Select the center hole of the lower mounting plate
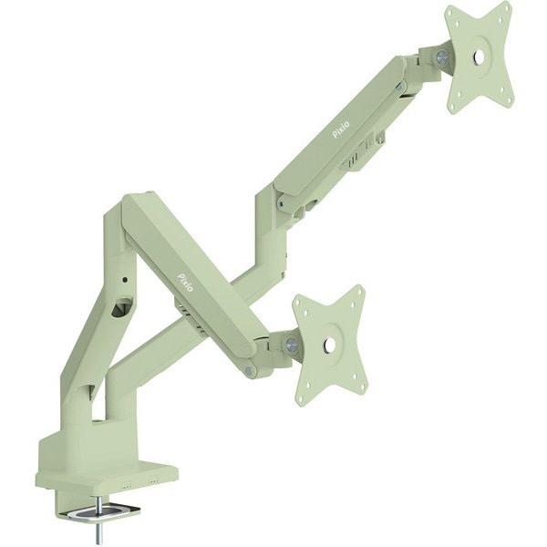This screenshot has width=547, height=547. (329, 345)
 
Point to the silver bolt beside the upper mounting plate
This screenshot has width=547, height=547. (441, 57)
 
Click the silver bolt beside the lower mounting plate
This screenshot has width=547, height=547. (290, 343)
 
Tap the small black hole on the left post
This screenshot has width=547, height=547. (125, 280)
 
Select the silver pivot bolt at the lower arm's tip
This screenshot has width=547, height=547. (248, 370)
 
